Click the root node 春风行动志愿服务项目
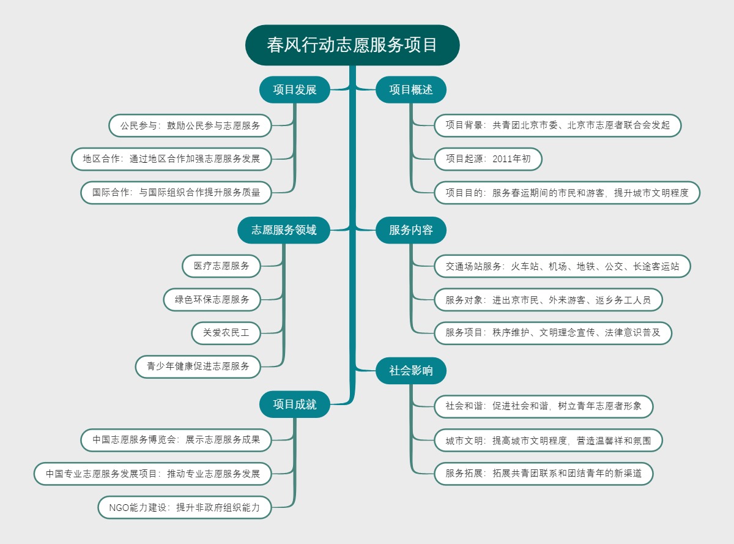pyautogui.click(x=352, y=45)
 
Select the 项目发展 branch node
pyautogui.click(x=295, y=90)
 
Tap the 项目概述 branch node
pyautogui.click(x=411, y=90)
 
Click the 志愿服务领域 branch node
pyautogui.click(x=284, y=230)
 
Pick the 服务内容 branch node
pyautogui.click(x=411, y=230)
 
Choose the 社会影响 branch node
pyautogui.click(x=411, y=371)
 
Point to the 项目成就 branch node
pyautogui.click(x=295, y=404)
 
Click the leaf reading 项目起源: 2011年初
pyautogui.click(x=488, y=159)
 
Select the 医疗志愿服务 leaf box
pyautogui.click(x=221, y=266)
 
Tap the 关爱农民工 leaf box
pyautogui.click(x=226, y=333)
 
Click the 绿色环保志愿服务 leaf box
pyautogui.click(x=212, y=299)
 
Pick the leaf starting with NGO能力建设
pyautogui.click(x=185, y=507)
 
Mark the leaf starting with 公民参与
pyautogui.click(x=190, y=125)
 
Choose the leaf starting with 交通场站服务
pyautogui.click(x=562, y=266)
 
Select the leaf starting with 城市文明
pyautogui.click(x=548, y=440)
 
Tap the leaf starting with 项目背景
pyautogui.click(x=557, y=125)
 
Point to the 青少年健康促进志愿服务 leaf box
pyautogui.click(x=198, y=367)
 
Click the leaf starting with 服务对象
pyautogui.click(x=548, y=300)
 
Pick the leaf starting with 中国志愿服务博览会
pyautogui.click(x=176, y=440)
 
